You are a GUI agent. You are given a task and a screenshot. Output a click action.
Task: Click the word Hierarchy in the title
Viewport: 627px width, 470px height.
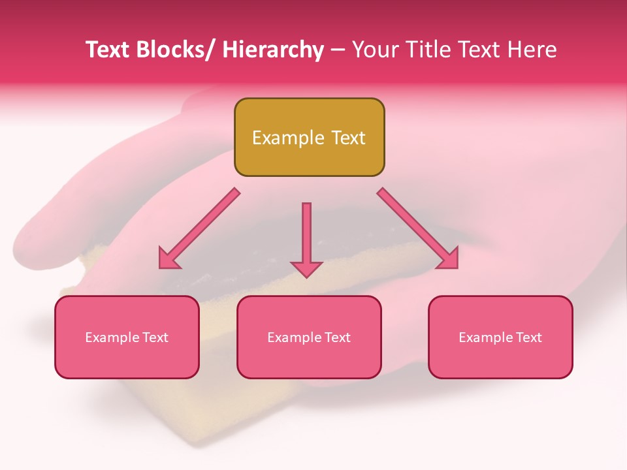[x=273, y=50]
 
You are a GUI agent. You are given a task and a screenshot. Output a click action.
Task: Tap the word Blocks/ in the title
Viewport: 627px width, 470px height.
[x=178, y=50]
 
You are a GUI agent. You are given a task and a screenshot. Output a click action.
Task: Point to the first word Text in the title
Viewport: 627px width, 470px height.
[x=109, y=50]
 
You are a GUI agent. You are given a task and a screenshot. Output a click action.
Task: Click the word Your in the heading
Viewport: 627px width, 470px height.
[x=374, y=50]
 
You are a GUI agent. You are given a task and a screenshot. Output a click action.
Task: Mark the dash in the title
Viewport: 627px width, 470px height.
[x=338, y=50]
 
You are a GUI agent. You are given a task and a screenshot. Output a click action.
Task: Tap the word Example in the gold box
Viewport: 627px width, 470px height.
[x=288, y=138]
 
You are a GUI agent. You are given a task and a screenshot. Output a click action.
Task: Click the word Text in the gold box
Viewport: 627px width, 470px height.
[x=347, y=138]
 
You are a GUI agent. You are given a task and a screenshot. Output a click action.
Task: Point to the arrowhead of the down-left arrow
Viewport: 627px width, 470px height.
[x=168, y=260]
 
